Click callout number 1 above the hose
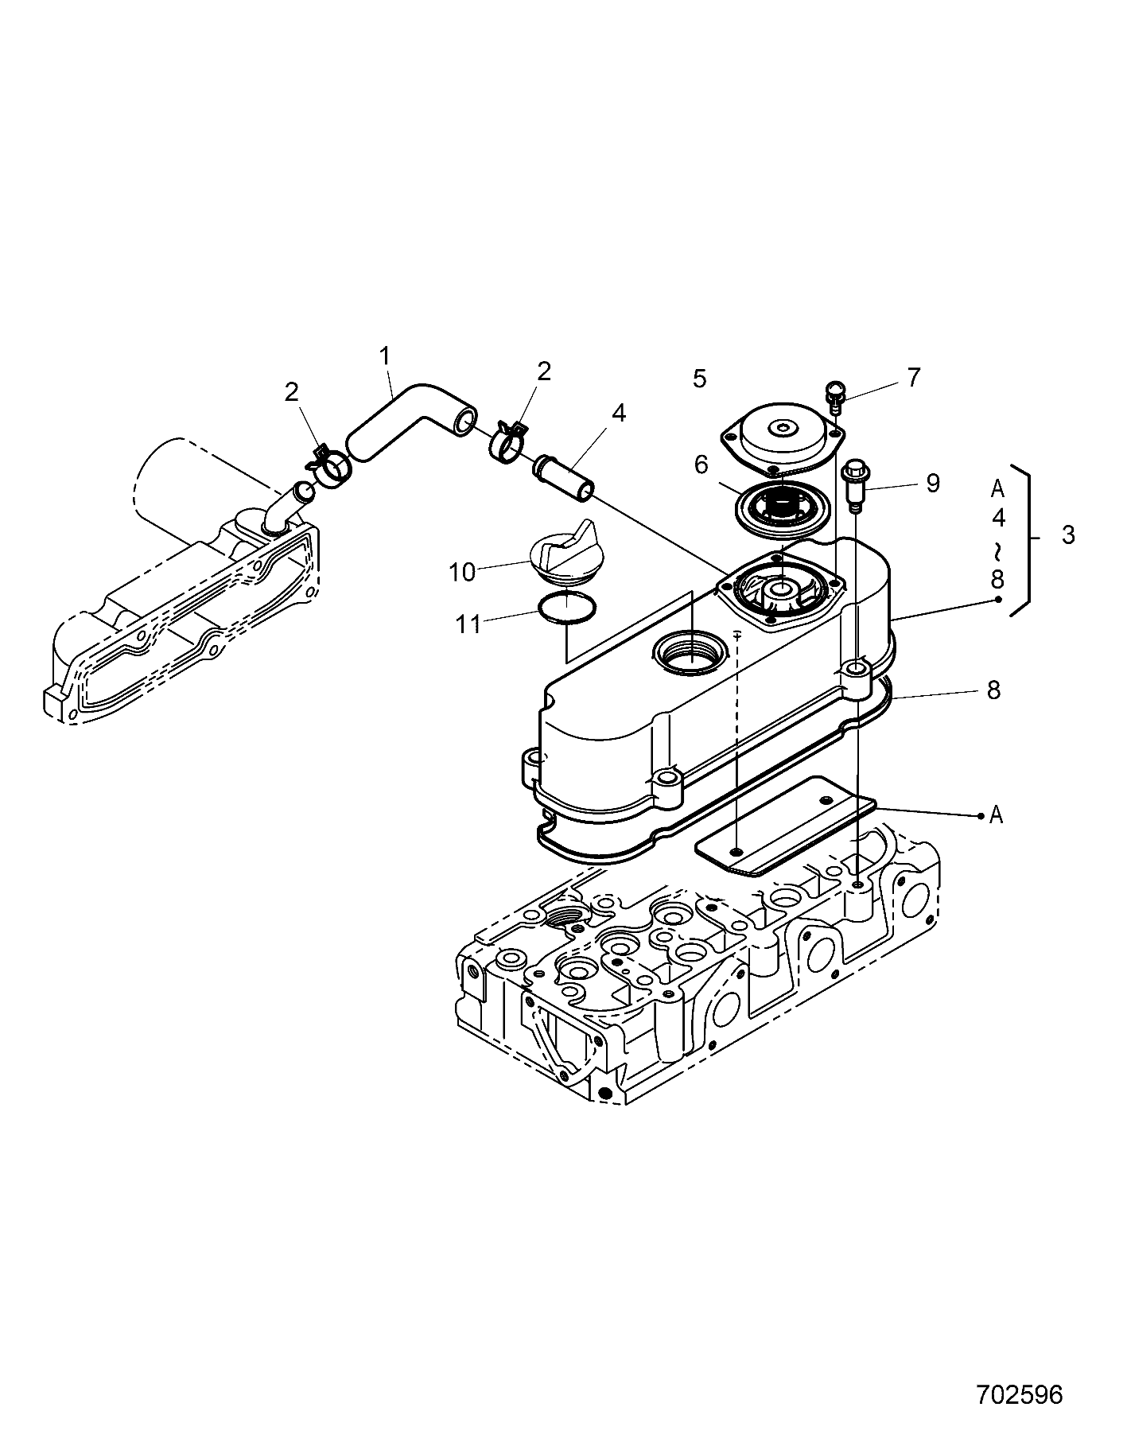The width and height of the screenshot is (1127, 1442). [386, 356]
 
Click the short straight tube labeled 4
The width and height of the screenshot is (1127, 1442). [563, 476]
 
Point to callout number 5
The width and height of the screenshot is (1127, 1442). [699, 379]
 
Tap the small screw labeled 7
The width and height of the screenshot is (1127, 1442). [834, 393]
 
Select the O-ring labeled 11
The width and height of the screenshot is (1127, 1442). [565, 608]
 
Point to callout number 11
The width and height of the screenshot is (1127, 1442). [468, 624]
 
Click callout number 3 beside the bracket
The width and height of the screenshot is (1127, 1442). [1067, 535]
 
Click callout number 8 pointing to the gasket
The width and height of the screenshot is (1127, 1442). [993, 690]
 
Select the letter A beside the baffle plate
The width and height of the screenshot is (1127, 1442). [996, 814]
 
